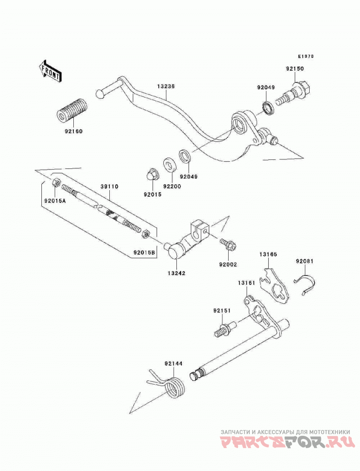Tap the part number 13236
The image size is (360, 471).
point(166,86)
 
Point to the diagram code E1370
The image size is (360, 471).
point(306,56)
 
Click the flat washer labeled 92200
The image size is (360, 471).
point(170,165)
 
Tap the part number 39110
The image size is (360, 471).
point(109,186)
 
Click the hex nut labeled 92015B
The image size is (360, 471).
point(144,233)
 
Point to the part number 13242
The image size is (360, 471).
point(176,273)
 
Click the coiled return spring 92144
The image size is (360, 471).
point(171,385)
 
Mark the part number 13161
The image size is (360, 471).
point(246,283)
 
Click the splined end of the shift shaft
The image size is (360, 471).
point(197,374)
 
